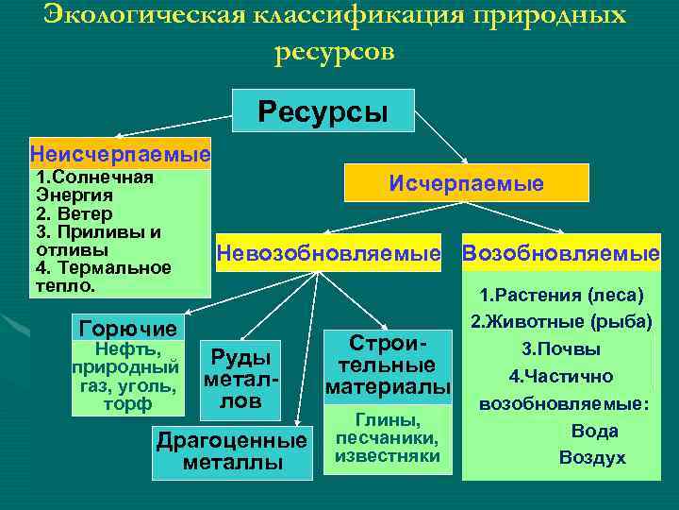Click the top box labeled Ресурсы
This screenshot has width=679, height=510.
click(323, 110)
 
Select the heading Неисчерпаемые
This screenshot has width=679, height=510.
click(121, 154)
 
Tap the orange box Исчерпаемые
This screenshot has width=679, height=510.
click(467, 182)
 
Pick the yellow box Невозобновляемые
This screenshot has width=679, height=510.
click(329, 253)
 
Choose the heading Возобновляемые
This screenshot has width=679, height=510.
click(561, 253)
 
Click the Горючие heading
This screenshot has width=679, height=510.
click(128, 329)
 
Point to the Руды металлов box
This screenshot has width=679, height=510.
click(240, 380)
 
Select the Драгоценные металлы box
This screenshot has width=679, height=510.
click(233, 452)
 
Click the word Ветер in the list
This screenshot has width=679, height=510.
click(85, 213)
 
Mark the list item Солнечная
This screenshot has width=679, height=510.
click(103, 178)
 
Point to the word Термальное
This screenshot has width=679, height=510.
click(115, 268)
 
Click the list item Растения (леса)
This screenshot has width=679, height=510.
click(562, 296)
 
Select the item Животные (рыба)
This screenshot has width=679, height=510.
click(562, 322)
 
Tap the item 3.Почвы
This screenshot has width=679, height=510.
click(561, 349)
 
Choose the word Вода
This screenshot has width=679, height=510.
click(595, 431)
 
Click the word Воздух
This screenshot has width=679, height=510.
click(592, 458)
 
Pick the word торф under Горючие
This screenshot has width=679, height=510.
click(127, 404)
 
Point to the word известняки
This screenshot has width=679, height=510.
click(388, 456)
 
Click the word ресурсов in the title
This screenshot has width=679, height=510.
click(335, 53)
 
